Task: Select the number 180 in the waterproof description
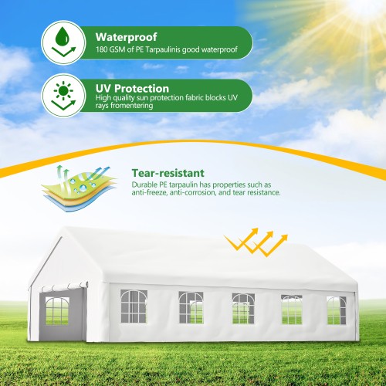coord(103,51)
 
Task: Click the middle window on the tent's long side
coord(243,308)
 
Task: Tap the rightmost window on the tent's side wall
coord(335,310)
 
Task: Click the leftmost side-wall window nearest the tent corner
coord(134,306)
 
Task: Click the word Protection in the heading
coord(147,89)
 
